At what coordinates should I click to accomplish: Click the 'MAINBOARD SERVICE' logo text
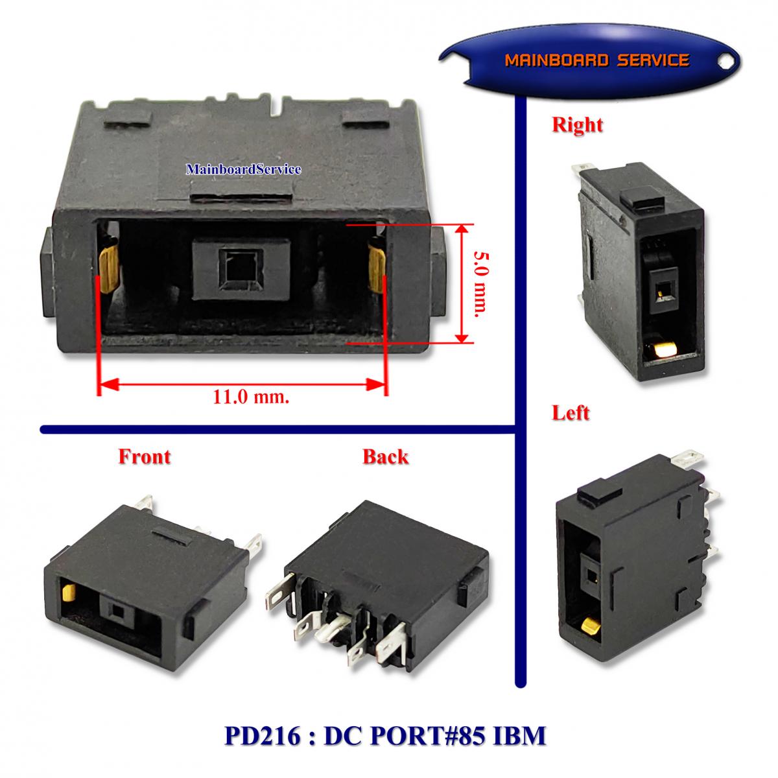596,60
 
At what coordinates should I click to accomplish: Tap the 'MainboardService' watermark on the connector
244,169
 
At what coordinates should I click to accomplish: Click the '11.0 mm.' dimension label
251,397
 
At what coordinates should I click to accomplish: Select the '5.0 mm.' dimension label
482,284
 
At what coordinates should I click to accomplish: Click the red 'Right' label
578,124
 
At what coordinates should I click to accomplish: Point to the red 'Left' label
571,413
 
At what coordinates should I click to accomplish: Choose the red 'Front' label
144,456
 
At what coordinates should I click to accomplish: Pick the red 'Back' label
386,456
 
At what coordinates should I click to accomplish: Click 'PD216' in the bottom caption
262,736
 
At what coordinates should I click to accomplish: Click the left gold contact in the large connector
109,268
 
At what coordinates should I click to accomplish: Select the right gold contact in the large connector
377,269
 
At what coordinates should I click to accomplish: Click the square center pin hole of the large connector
241,268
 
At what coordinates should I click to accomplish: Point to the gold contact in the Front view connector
69,593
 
